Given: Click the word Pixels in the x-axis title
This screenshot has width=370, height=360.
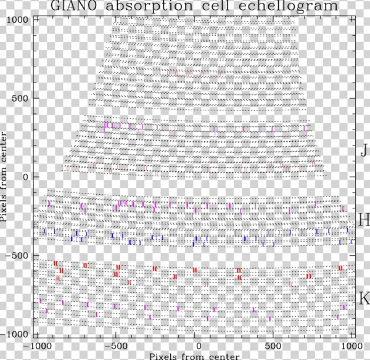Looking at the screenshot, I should (151, 356).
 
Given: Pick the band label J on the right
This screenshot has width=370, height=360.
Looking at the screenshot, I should (364, 150).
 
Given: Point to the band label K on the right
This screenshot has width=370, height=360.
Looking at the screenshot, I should (364, 299).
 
